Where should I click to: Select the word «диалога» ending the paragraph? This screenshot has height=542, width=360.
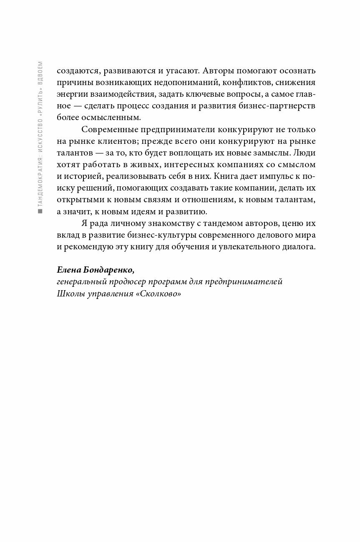click(x=300, y=246)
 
